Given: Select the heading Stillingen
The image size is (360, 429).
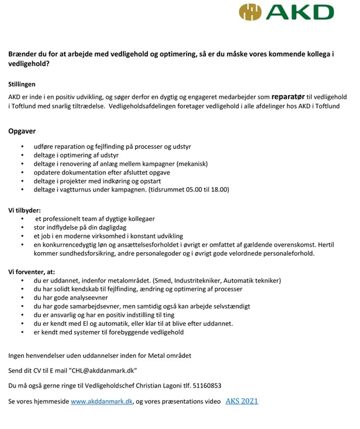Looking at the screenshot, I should pos(22,85).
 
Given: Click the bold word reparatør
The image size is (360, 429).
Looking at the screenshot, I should pos(288,97).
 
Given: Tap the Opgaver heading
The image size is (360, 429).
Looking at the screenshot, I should pos(22,131).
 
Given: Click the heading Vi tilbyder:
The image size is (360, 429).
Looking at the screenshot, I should pos(24,210).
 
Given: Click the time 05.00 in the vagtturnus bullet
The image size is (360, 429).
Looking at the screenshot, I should pos(196,190).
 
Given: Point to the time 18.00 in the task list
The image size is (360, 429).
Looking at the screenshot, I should pos(220,190).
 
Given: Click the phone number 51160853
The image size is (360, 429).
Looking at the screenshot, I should pos(207,386).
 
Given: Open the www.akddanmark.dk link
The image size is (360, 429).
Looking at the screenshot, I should pos(102,402).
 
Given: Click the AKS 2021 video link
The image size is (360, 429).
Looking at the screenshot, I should pos(242,401).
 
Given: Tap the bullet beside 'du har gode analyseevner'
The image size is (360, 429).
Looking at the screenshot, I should pos(23,298).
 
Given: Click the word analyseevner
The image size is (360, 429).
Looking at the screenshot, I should pos(91,298).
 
